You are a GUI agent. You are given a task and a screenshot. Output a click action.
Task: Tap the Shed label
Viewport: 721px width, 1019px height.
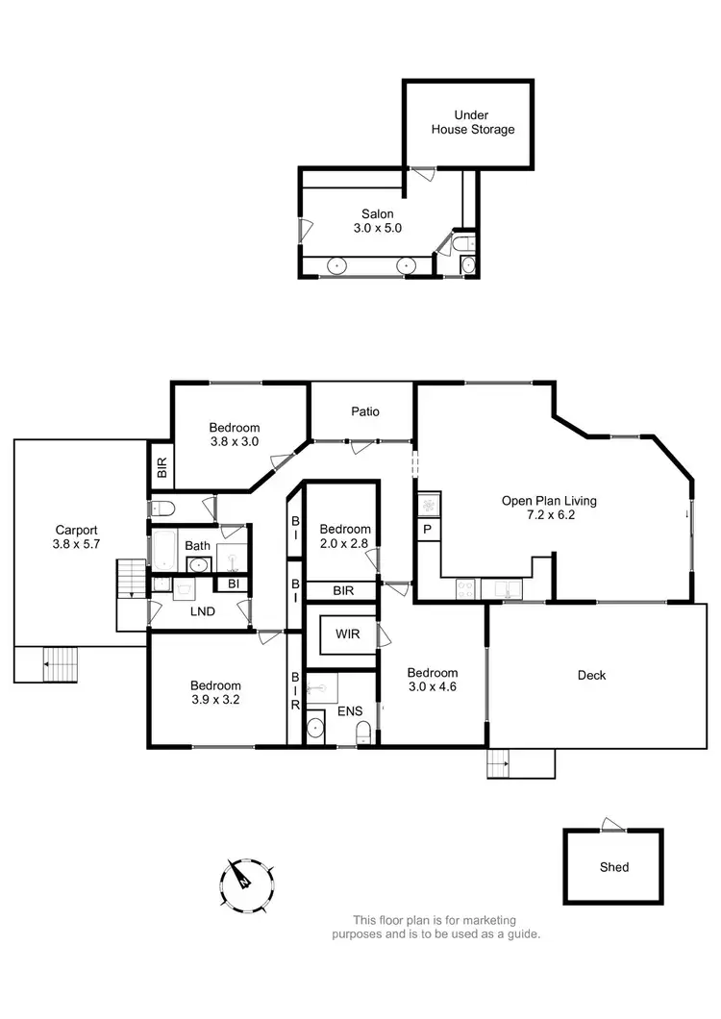pyautogui.click(x=613, y=867)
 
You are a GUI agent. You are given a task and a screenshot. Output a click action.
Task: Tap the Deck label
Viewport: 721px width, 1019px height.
pyautogui.click(x=591, y=676)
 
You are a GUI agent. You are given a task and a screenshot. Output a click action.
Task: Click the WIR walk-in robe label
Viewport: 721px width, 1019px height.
pyautogui.click(x=347, y=634)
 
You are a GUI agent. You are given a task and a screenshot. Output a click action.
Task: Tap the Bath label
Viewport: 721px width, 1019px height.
pyautogui.click(x=197, y=546)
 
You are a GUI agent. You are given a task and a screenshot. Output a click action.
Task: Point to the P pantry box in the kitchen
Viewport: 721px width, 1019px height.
pyautogui.click(x=426, y=530)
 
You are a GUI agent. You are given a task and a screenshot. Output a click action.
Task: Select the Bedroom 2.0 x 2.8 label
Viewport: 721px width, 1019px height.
pyautogui.click(x=345, y=536)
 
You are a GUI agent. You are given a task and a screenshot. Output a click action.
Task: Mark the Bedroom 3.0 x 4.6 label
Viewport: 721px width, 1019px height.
pyautogui.click(x=432, y=680)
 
